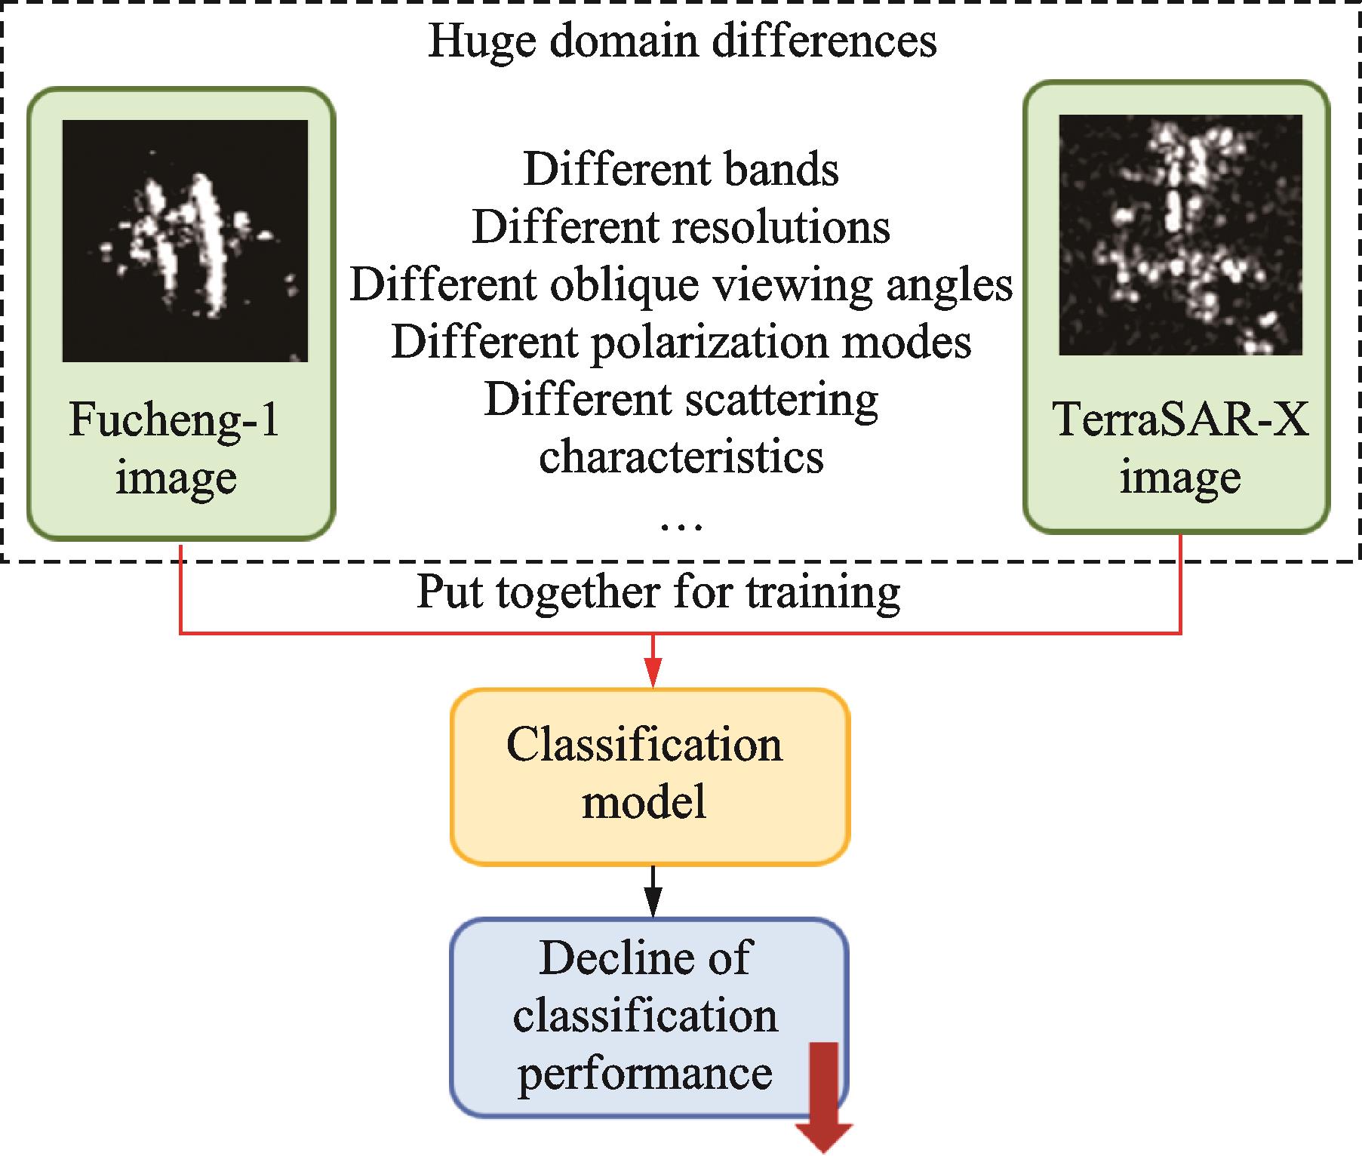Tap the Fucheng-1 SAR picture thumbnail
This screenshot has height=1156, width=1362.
coord(185,241)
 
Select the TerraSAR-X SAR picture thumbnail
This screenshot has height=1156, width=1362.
coord(1180,235)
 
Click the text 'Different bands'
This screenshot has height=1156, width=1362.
coord(681,169)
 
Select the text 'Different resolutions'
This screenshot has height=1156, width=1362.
coord(681,226)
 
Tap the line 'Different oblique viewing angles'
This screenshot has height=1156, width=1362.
coord(681,284)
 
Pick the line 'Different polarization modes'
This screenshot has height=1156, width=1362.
coord(681,342)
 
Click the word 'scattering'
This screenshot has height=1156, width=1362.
coord(781,399)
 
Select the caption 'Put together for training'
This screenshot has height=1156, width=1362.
coord(658,592)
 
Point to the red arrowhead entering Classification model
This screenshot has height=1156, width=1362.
coord(653,673)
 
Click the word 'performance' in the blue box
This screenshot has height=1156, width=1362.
coord(645,1072)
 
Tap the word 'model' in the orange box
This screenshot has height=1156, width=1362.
coord(645,802)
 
